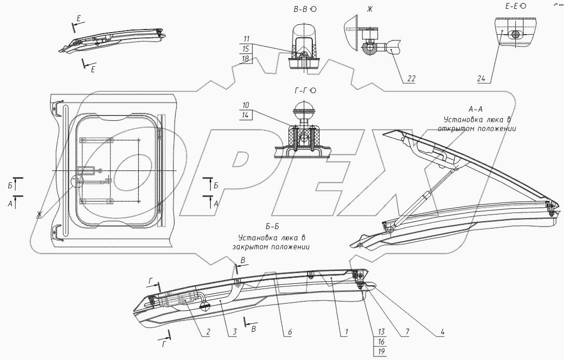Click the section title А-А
pyautogui.click(x=475, y=109)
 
